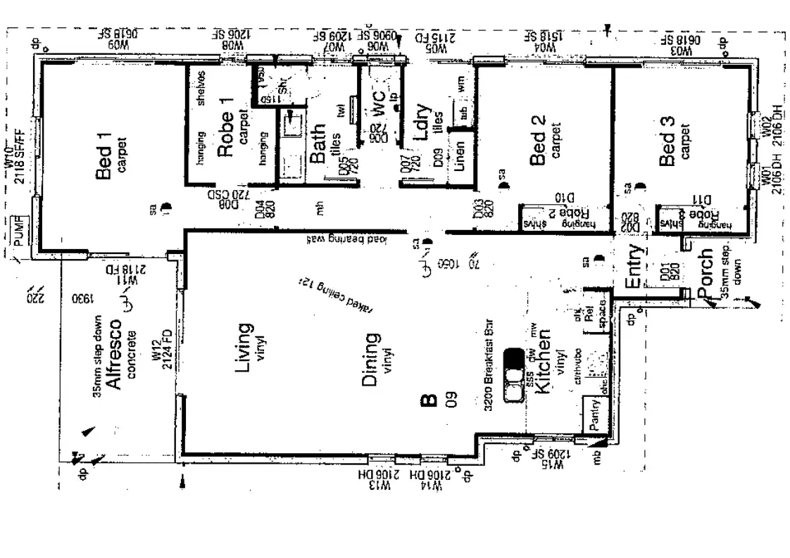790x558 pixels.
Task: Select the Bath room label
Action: tap(318, 144)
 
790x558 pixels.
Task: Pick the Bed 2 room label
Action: tap(538, 139)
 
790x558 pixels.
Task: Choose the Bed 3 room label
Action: tap(667, 141)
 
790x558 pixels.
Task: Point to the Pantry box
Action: tap(594, 414)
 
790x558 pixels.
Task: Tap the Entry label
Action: tap(632, 265)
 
